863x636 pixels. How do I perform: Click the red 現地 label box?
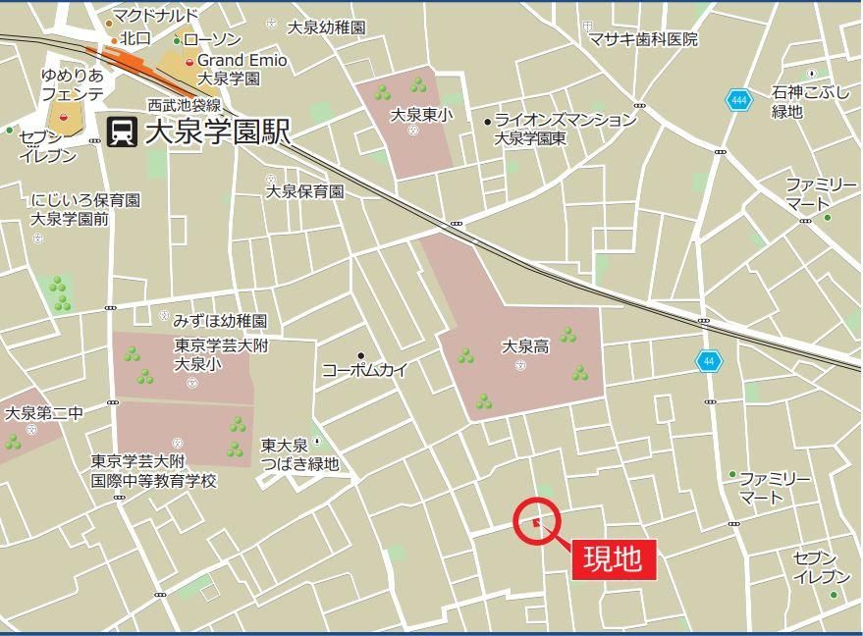(614, 558)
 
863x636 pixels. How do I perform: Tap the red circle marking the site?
(536, 520)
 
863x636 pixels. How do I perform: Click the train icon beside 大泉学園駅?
(122, 131)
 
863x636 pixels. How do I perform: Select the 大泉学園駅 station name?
(217, 132)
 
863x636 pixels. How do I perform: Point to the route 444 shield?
(737, 100)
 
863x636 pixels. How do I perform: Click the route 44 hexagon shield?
(709, 361)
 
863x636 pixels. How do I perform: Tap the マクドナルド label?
(155, 16)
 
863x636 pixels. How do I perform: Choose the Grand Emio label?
(242, 60)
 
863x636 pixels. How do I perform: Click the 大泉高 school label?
(525, 346)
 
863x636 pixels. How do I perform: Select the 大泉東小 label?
(422, 115)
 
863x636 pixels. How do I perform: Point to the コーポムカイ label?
(364, 370)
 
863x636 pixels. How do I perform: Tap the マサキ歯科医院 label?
(643, 39)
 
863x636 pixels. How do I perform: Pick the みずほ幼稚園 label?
(220, 321)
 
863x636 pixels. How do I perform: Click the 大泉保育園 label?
(305, 191)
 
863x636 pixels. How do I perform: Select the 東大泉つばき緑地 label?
(299, 454)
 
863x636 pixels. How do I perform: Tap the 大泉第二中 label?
(44, 413)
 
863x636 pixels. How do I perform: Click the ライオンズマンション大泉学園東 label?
(565, 129)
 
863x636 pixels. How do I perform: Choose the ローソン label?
(212, 39)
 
